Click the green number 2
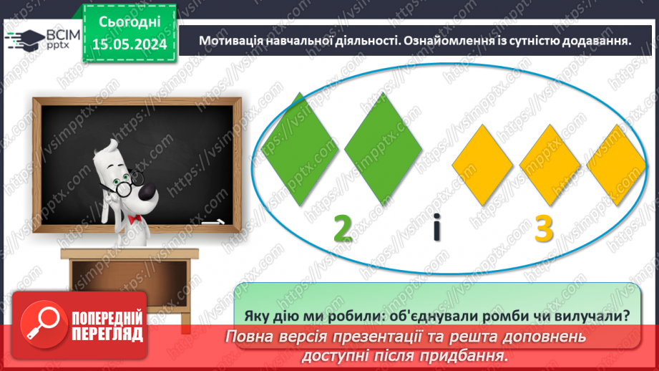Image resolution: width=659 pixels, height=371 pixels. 343,229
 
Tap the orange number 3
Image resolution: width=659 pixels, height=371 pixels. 545,231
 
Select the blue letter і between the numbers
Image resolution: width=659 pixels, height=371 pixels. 437,230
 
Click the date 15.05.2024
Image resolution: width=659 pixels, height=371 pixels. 128,44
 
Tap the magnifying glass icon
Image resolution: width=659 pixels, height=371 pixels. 40,324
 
